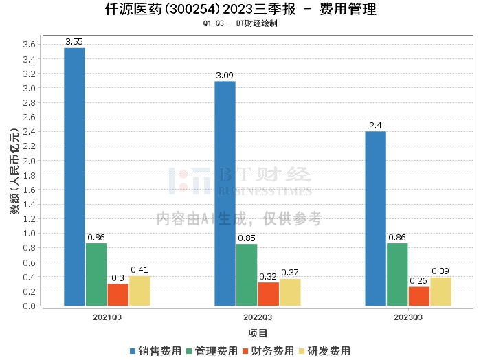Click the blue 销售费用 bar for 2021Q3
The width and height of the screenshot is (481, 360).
(74, 177)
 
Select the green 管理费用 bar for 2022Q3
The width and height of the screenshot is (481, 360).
(247, 275)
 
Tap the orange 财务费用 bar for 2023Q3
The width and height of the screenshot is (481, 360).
(418, 296)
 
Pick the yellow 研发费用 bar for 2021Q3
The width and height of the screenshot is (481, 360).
(139, 291)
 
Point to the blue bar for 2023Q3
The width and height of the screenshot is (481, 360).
(375, 218)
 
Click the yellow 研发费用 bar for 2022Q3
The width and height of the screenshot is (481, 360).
(290, 292)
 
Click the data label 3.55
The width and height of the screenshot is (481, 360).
(74, 42)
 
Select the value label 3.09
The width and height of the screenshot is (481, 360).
(225, 76)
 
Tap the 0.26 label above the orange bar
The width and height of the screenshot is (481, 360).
(418, 280)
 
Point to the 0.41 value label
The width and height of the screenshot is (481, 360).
(139, 270)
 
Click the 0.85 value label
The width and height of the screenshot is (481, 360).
(247, 238)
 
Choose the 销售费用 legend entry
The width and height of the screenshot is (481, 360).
(155, 351)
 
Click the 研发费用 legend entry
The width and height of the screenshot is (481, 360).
(324, 351)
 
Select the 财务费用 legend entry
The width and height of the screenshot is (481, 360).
(268, 351)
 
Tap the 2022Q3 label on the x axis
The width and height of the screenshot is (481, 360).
(258, 317)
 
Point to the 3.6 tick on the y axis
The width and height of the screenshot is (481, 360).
(29, 45)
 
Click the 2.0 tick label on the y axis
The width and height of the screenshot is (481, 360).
(29, 161)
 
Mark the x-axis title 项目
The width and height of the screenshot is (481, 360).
(258, 333)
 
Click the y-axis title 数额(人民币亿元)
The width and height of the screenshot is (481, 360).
(14, 171)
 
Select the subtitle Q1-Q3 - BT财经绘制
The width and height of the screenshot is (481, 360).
(240, 23)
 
